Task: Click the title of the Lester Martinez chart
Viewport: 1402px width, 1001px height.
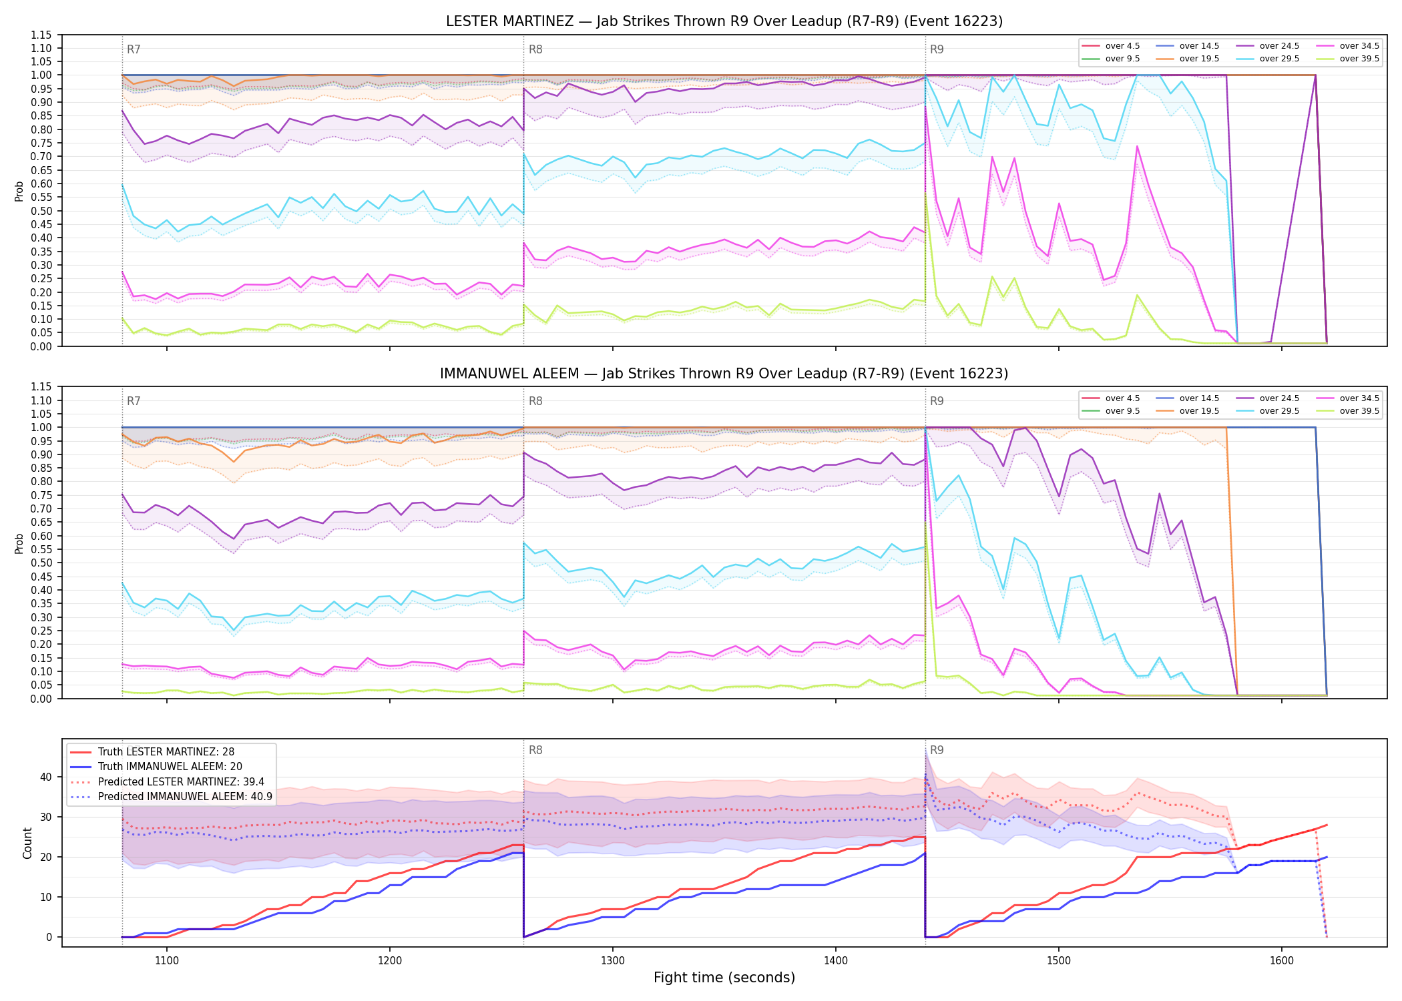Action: (724, 21)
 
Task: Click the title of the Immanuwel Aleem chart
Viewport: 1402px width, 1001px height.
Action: (724, 374)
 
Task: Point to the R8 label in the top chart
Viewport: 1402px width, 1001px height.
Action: (535, 49)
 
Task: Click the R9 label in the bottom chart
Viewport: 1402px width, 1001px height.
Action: (937, 750)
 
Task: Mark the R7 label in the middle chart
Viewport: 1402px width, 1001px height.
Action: (134, 401)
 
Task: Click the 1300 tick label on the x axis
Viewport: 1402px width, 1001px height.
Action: (613, 961)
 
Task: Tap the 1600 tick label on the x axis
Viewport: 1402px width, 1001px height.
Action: (1282, 961)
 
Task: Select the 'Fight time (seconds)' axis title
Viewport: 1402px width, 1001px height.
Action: (724, 978)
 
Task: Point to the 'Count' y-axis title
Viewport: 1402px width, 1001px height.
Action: (27, 844)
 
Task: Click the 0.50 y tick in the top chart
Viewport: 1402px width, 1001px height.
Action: (41, 211)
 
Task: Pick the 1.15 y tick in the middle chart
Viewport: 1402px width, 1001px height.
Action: (41, 387)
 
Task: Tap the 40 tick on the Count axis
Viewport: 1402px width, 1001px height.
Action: (46, 777)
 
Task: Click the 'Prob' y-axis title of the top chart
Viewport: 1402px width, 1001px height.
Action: (19, 192)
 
